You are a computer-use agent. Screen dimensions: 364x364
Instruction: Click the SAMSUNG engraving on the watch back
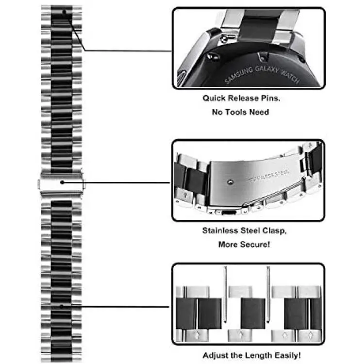click(239, 75)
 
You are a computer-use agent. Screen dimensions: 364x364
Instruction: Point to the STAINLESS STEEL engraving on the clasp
click(269, 176)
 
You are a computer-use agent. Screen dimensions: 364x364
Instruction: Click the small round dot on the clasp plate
click(230, 182)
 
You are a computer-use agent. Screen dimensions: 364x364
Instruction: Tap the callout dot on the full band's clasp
click(62, 182)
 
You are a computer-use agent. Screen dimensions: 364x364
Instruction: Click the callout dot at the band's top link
click(64, 12)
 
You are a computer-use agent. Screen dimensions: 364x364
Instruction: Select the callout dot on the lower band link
click(62, 307)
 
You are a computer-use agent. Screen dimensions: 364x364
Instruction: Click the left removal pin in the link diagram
click(225, 295)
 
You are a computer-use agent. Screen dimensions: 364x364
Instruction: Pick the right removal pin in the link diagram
click(268, 295)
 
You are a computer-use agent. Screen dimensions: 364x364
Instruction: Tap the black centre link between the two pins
click(253, 314)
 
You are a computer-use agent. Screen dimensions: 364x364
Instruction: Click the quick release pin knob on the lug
click(224, 39)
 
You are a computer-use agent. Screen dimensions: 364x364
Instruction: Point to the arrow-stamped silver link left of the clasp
click(185, 195)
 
